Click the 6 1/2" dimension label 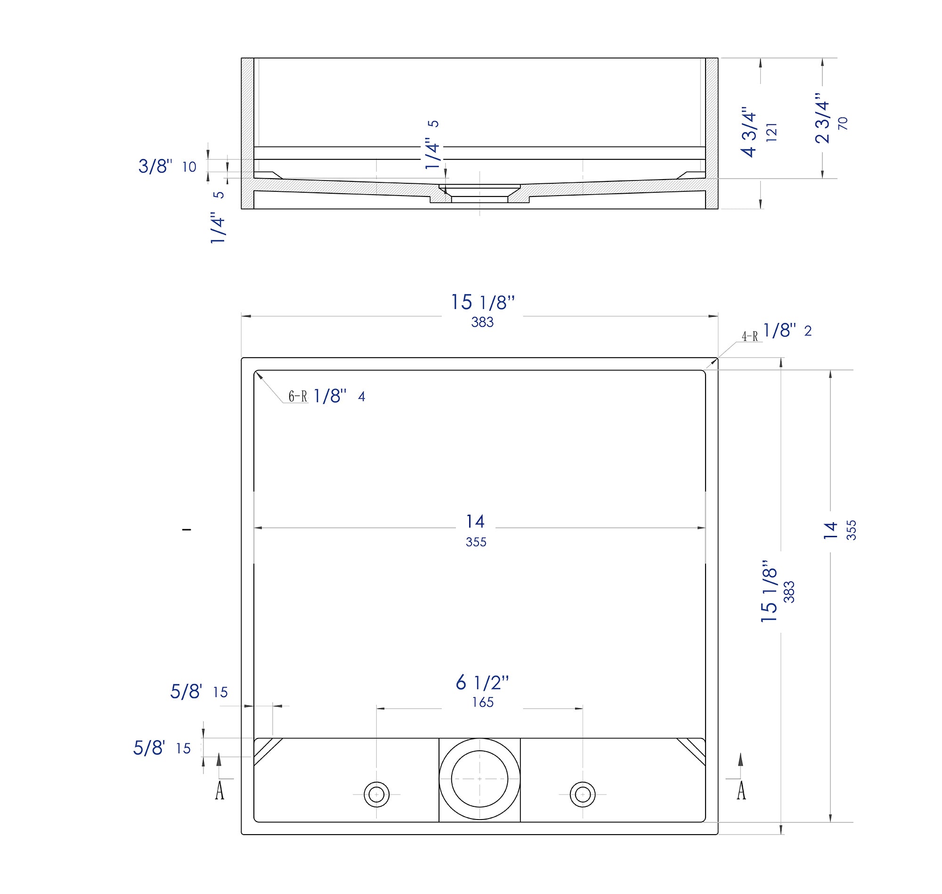[482, 683]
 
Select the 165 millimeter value [482, 702]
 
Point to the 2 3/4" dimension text [822, 118]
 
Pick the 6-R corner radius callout [298, 396]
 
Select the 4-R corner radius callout [750, 336]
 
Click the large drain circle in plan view [479, 779]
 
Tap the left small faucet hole [376, 795]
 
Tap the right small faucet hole [583, 795]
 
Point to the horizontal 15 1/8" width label [482, 303]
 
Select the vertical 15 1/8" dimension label [769, 591]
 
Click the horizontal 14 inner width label [475, 522]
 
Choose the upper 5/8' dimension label [186, 692]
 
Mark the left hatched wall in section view [247, 133]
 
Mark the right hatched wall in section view [712, 133]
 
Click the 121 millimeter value [772, 132]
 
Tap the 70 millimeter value [843, 123]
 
